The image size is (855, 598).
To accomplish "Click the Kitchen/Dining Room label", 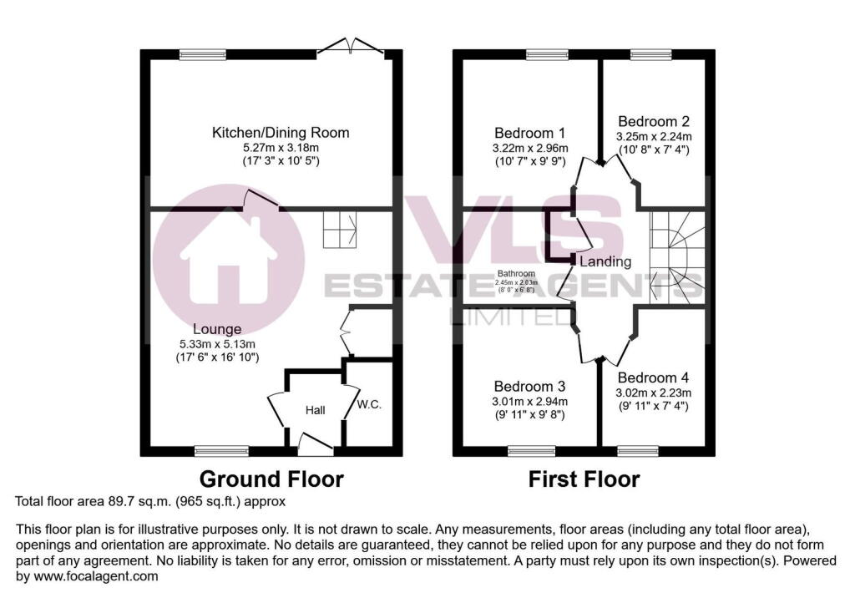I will (281, 133).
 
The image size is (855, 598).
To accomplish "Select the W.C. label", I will (369, 405).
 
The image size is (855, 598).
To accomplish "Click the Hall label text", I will (315, 410).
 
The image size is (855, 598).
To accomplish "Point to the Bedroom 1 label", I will (530, 133).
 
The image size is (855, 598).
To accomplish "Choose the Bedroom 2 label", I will (654, 121).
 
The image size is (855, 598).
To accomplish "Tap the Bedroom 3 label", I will (530, 387).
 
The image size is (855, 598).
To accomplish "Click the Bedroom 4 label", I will (654, 378).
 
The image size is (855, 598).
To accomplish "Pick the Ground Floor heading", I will (271, 479).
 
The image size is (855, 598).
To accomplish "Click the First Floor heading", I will (584, 479).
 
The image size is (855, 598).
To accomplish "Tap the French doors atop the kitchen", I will (355, 46).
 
